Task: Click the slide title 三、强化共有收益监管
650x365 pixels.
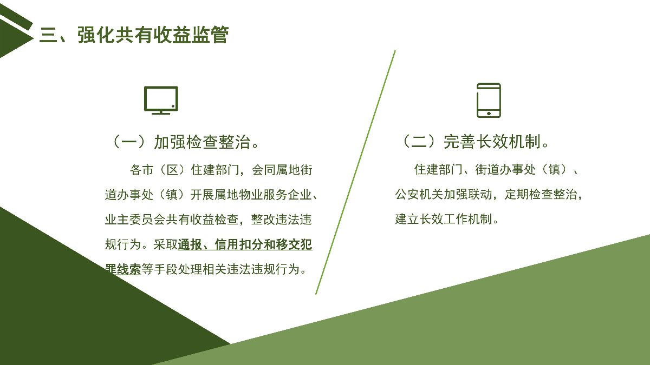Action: click(x=134, y=35)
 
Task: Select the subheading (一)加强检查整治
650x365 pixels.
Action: click(x=186, y=142)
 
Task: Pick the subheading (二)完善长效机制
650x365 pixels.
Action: click(x=476, y=142)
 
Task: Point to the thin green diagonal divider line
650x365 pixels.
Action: click(x=355, y=172)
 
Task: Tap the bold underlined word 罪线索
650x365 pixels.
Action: click(x=123, y=269)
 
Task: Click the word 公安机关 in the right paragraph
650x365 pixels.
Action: click(x=419, y=194)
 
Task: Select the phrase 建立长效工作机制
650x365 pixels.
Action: click(x=444, y=219)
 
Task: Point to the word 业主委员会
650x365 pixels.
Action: click(x=135, y=220)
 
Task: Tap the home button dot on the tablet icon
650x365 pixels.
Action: click(x=489, y=114)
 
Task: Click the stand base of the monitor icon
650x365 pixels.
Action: click(x=161, y=113)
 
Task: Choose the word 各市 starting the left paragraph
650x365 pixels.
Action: click(x=141, y=170)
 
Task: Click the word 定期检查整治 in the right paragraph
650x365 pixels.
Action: click(x=541, y=194)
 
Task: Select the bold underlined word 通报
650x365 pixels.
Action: click(x=190, y=244)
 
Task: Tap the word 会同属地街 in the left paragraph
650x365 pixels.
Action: click(x=282, y=170)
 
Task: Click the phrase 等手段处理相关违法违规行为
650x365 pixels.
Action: click(x=224, y=269)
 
